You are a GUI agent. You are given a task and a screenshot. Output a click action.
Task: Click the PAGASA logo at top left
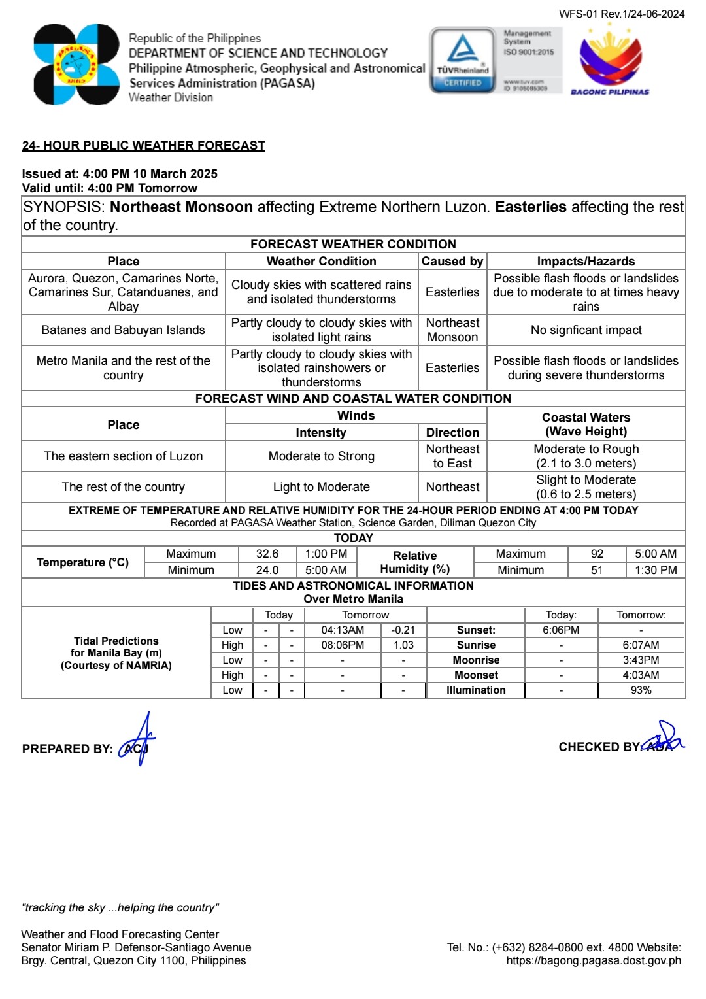[76, 64]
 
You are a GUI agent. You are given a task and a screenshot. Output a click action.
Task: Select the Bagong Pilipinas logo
[610, 63]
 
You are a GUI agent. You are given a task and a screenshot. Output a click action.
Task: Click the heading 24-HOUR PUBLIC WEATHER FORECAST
[144, 145]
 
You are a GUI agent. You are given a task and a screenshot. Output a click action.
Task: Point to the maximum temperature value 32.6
[267, 554]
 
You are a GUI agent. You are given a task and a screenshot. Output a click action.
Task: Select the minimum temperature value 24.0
[267, 570]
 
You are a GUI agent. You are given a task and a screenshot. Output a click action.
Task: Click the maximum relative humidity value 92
[597, 554]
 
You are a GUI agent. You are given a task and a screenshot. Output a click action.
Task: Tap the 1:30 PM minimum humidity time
[656, 570]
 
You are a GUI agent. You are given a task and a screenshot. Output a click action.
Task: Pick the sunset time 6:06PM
[561, 630]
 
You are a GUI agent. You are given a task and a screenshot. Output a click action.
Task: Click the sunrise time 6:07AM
[641, 645]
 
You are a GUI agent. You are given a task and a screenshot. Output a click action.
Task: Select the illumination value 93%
[641, 690]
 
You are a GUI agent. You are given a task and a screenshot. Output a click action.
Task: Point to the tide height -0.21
[403, 630]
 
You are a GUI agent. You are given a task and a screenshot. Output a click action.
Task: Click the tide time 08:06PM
[343, 645]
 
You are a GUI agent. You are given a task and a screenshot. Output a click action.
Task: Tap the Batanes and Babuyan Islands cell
[123, 330]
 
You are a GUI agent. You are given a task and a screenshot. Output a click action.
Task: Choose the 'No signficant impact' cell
[586, 330]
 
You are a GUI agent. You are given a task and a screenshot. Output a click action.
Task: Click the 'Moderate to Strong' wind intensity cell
[321, 456]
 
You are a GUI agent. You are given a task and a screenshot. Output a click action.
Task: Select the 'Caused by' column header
[452, 262]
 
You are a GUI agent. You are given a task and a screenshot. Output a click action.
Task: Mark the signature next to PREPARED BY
[138, 740]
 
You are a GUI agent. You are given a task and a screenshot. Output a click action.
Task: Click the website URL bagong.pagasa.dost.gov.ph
[594, 960]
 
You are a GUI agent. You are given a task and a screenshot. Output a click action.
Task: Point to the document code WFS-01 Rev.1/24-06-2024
[622, 14]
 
